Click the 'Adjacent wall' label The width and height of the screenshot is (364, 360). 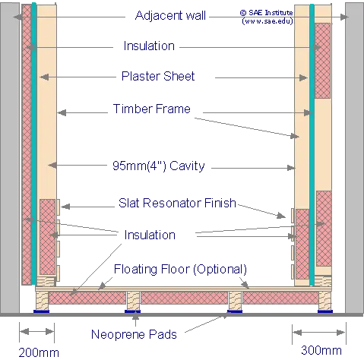click(x=170, y=15)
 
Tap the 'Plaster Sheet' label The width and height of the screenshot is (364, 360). click(x=158, y=76)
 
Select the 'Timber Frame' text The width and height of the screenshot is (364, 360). click(x=152, y=109)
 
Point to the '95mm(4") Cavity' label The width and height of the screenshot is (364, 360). click(x=159, y=166)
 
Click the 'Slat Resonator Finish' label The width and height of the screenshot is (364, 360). click(x=177, y=203)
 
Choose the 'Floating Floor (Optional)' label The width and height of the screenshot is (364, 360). click(x=180, y=270)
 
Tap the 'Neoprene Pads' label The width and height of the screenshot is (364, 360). click(x=134, y=334)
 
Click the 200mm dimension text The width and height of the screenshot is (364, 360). click(x=39, y=352)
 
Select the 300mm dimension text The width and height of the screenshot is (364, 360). click(x=321, y=350)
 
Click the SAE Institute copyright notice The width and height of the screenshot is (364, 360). click(x=267, y=17)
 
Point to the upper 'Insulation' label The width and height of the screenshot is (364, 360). click(x=149, y=46)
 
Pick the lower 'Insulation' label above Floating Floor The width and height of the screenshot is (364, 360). click(x=150, y=235)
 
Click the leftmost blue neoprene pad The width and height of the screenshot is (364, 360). click(x=42, y=311)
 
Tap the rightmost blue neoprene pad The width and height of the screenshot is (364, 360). click(x=325, y=311)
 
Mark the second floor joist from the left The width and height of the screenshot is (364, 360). click(x=133, y=300)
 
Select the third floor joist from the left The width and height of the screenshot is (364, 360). click(x=236, y=300)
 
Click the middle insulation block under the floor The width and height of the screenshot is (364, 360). click(x=184, y=298)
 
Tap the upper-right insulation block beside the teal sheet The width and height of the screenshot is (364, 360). click(x=322, y=61)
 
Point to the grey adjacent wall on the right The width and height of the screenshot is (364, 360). click(x=354, y=158)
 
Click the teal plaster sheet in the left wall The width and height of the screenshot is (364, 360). click(x=34, y=144)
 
